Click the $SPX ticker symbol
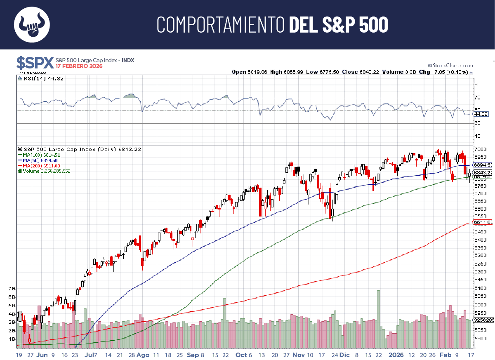click(35, 63)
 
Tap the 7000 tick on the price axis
click(479, 149)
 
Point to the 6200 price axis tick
click(479, 272)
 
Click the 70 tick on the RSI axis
click(477, 98)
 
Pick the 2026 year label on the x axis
click(396, 355)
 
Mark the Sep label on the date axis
click(193, 355)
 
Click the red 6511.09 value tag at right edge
click(483, 223)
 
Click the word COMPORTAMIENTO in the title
click(221, 25)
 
